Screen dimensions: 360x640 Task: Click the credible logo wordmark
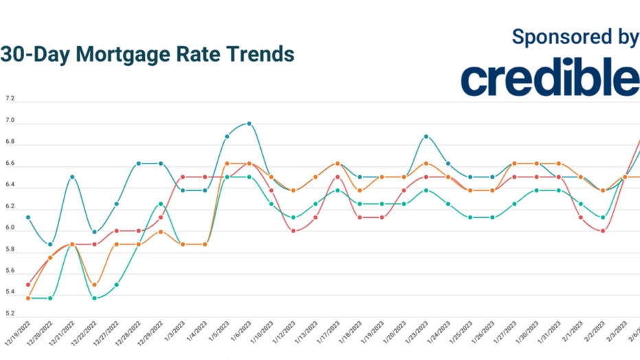coord(550,79)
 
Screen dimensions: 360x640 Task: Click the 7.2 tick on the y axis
coord(10,99)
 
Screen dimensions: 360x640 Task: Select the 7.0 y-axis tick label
coord(10,121)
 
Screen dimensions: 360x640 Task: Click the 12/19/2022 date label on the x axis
coord(19,334)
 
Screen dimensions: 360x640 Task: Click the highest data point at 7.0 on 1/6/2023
coord(249,124)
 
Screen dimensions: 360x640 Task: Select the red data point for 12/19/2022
coord(28,284)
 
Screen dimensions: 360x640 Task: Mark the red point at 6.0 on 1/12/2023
coord(293,230)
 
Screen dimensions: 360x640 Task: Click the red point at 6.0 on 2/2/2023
coord(602,230)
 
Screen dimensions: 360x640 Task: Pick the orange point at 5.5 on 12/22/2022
coord(95,284)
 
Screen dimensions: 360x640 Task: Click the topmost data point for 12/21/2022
coord(72,177)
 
